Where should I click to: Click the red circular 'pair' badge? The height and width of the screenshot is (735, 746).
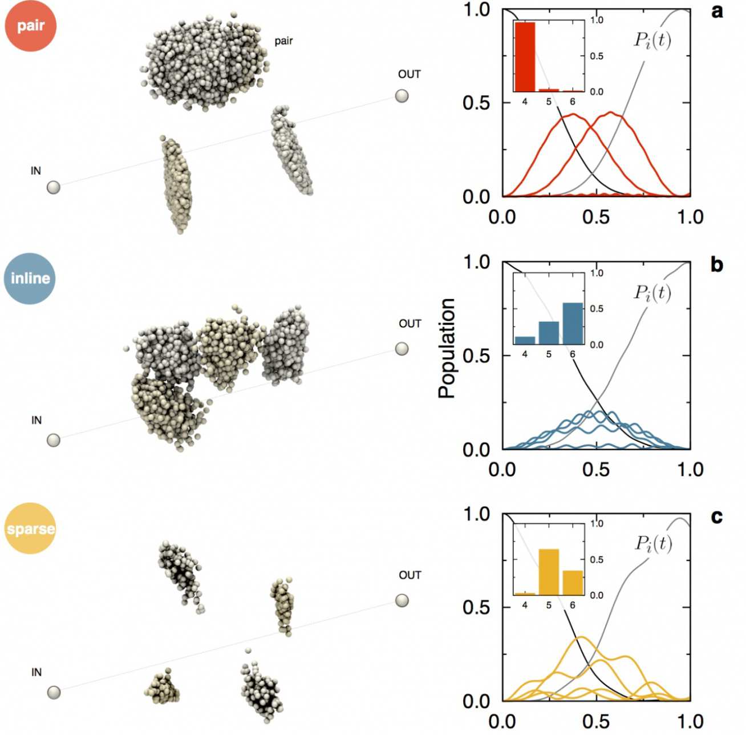click(x=30, y=26)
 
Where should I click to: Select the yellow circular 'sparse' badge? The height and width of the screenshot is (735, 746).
click(x=30, y=528)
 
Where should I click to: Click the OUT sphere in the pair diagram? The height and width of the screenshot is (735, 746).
click(x=402, y=96)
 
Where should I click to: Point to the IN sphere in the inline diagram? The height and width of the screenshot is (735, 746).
click(x=54, y=440)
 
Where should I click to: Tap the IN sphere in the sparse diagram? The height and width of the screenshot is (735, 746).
click(x=54, y=692)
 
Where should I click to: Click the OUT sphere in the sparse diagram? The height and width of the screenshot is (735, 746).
click(x=402, y=600)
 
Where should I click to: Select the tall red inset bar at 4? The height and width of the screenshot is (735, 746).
click(x=525, y=57)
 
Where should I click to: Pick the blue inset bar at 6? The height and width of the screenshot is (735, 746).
click(x=573, y=324)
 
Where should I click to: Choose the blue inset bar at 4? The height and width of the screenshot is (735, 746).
click(x=525, y=340)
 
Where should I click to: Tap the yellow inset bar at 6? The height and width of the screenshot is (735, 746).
click(x=573, y=583)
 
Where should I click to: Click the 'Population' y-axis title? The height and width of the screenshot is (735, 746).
click(x=447, y=348)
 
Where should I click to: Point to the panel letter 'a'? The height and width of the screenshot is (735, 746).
click(x=717, y=11)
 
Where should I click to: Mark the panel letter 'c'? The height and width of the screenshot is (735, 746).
click(x=717, y=516)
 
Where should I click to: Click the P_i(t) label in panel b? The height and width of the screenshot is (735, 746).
click(x=652, y=292)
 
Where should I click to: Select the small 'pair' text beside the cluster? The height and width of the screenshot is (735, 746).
click(x=283, y=41)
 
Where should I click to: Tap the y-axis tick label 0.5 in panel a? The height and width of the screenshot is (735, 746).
click(x=476, y=103)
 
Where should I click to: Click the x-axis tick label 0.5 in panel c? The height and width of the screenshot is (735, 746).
click(x=596, y=722)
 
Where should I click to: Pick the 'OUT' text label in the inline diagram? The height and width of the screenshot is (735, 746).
click(x=410, y=324)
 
